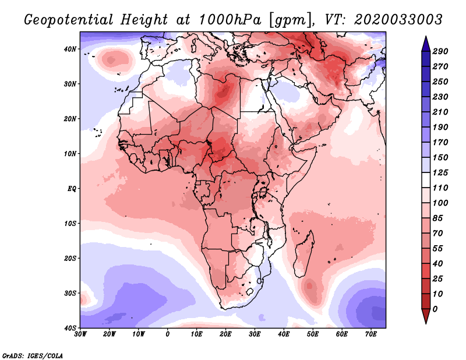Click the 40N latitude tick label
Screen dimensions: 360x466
[69, 49]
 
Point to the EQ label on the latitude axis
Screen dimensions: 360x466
[70, 189]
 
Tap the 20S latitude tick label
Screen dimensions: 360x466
[69, 258]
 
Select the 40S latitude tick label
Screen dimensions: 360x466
[69, 328]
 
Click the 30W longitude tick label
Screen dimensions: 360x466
[80, 334]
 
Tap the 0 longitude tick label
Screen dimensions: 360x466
[168, 334]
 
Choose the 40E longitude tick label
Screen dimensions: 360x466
[284, 334]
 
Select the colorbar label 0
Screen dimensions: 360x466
[436, 309]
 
